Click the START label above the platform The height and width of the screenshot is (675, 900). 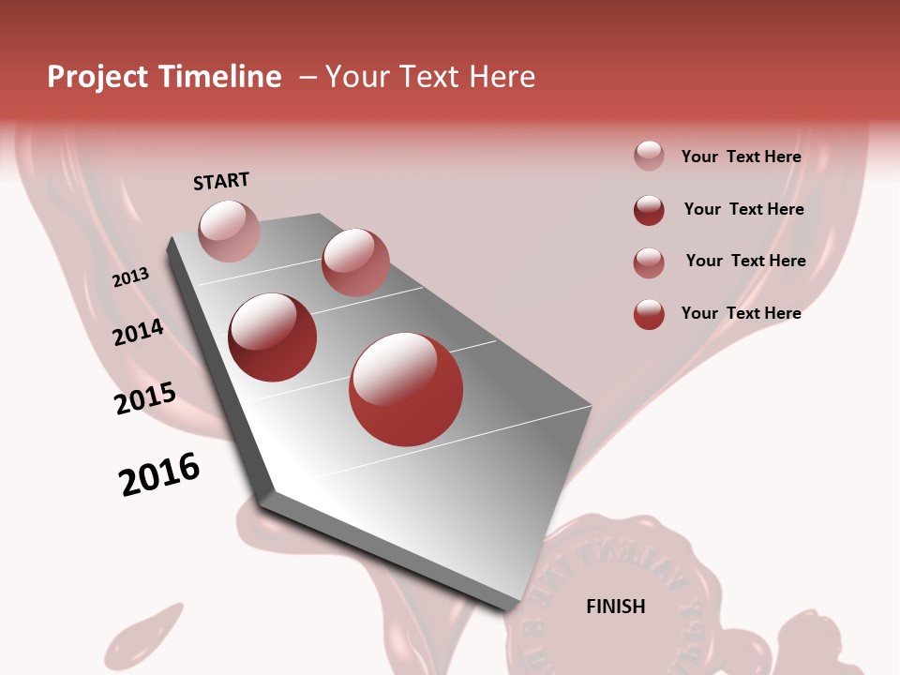click(x=221, y=181)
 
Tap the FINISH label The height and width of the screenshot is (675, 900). click(x=615, y=607)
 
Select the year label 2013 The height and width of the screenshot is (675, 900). click(x=130, y=277)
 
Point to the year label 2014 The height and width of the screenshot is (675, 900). click(x=138, y=332)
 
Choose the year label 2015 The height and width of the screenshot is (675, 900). click(x=144, y=398)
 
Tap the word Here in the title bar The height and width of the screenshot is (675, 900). click(x=502, y=77)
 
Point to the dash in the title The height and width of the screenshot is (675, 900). click(x=307, y=77)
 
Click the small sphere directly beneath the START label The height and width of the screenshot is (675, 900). click(x=229, y=231)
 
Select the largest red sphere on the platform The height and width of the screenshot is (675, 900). click(x=406, y=389)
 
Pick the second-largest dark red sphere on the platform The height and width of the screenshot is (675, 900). click(x=272, y=337)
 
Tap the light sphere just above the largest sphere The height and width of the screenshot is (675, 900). click(x=355, y=262)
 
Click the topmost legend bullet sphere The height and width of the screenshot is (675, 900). click(x=649, y=157)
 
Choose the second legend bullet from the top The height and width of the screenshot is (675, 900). click(x=649, y=210)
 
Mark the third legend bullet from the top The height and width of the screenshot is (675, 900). click(x=649, y=262)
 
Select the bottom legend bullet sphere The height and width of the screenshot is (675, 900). click(x=649, y=314)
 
